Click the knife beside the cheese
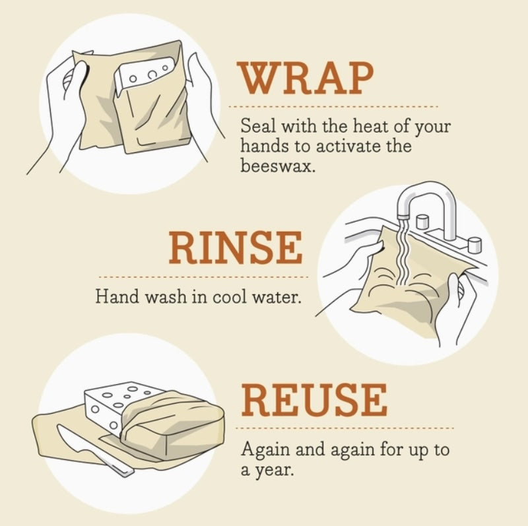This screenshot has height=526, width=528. pyautogui.click(x=92, y=449)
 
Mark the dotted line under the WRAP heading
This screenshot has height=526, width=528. pyautogui.click(x=333, y=106)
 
